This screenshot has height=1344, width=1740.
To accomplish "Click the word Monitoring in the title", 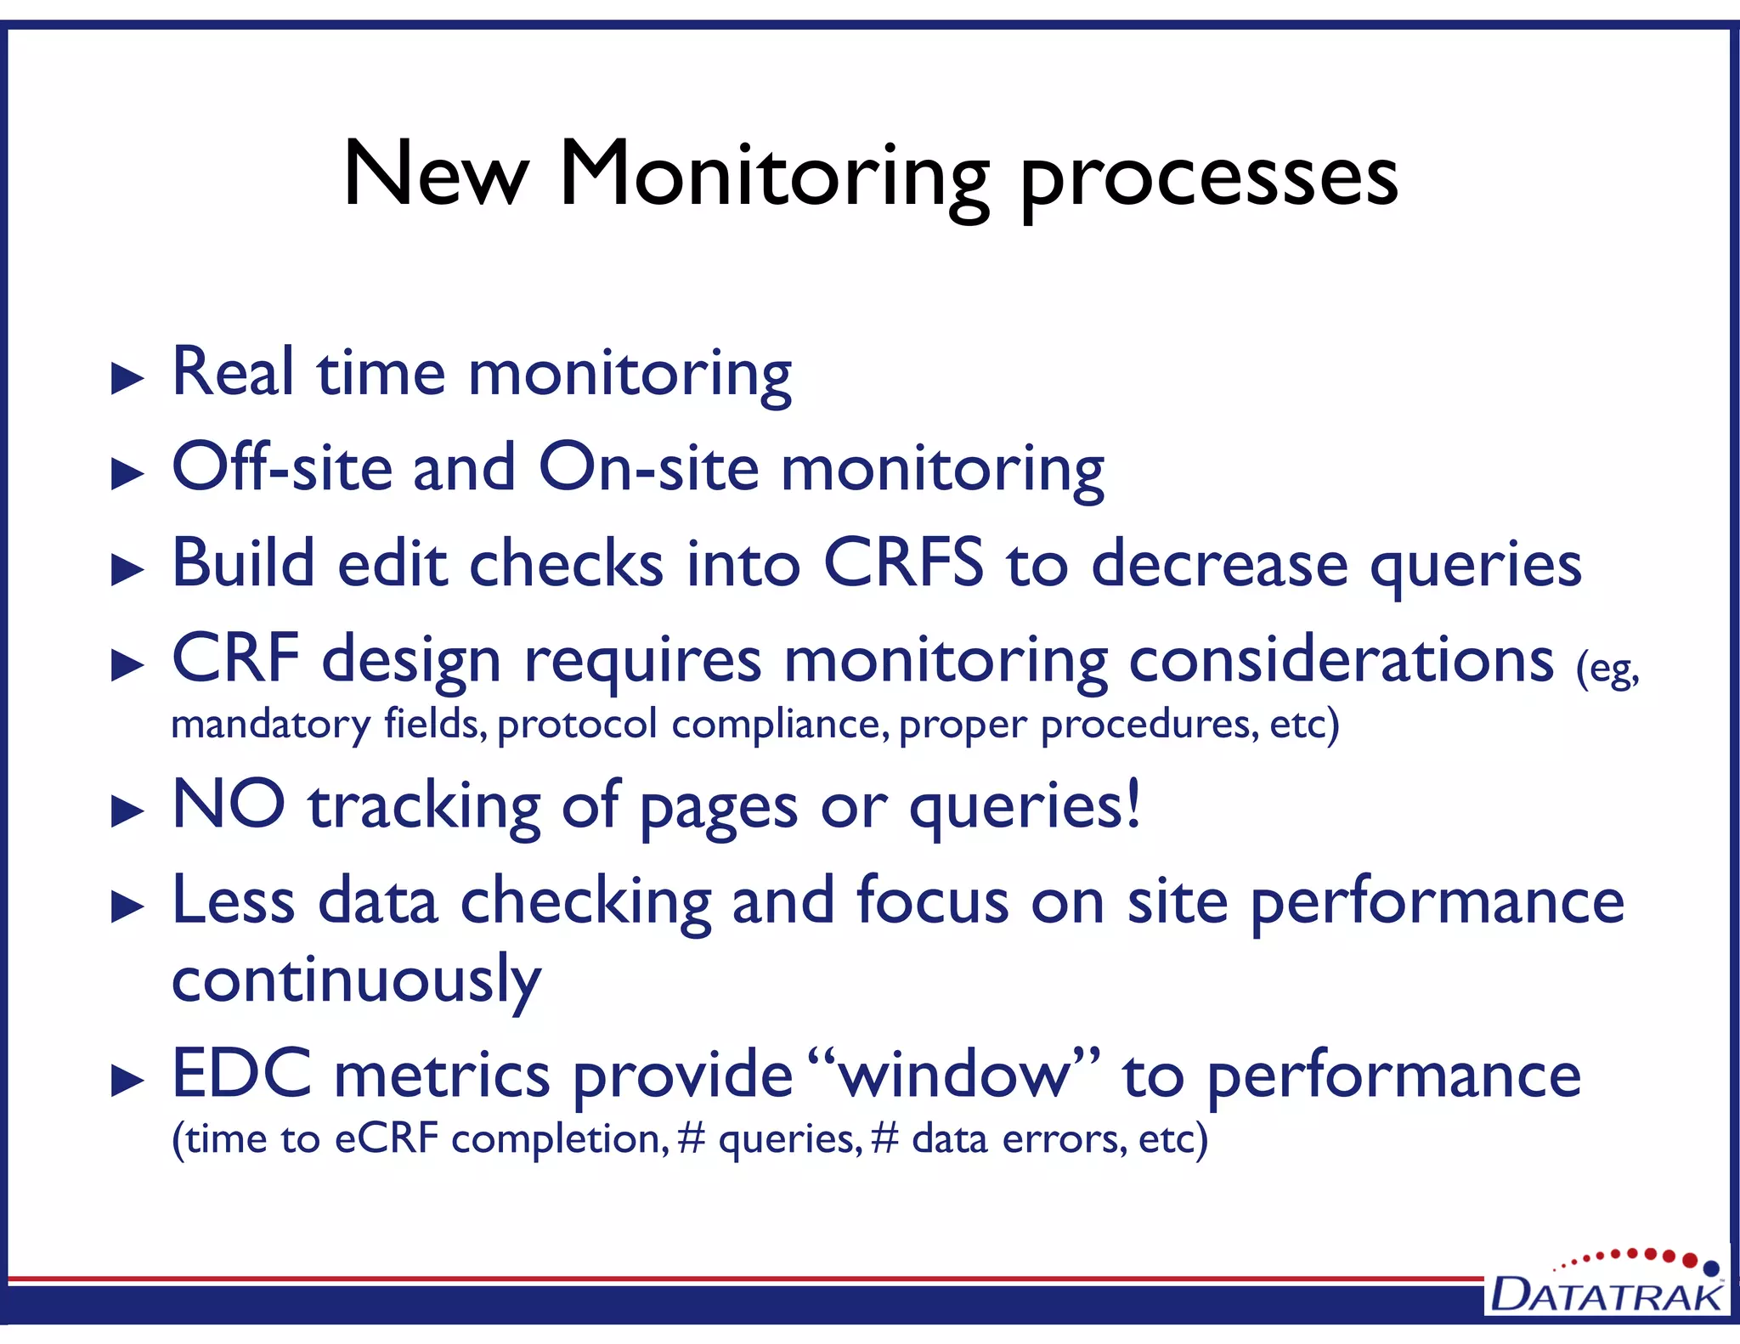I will (773, 176).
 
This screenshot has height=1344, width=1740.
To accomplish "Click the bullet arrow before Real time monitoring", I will (127, 378).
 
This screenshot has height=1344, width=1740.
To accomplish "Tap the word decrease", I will (1219, 565).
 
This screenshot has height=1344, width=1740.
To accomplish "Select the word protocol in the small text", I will (577, 725).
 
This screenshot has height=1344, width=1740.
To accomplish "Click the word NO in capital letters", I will (228, 805).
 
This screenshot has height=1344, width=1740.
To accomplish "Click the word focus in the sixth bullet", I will (932, 901).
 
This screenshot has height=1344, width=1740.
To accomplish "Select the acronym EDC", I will (242, 1075).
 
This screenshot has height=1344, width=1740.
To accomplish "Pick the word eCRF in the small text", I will (387, 1139).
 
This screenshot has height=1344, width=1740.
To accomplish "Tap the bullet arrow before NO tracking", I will (127, 812).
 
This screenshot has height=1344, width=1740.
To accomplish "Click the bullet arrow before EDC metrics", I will (127, 1081).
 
